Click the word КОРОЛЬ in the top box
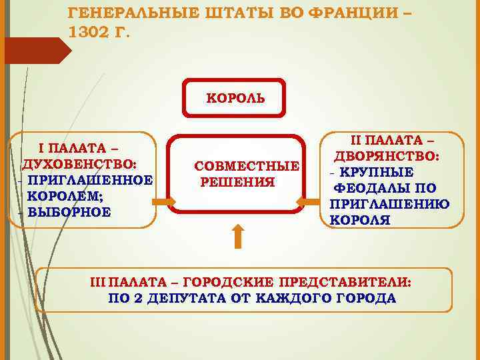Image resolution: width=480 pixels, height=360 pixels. tap(235, 98)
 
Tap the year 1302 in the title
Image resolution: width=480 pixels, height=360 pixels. tap(89, 33)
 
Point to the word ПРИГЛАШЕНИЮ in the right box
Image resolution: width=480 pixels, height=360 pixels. tap(389, 204)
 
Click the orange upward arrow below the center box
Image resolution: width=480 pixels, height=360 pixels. tap(238, 237)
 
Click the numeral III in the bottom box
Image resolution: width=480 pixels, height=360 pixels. tap(99, 281)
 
